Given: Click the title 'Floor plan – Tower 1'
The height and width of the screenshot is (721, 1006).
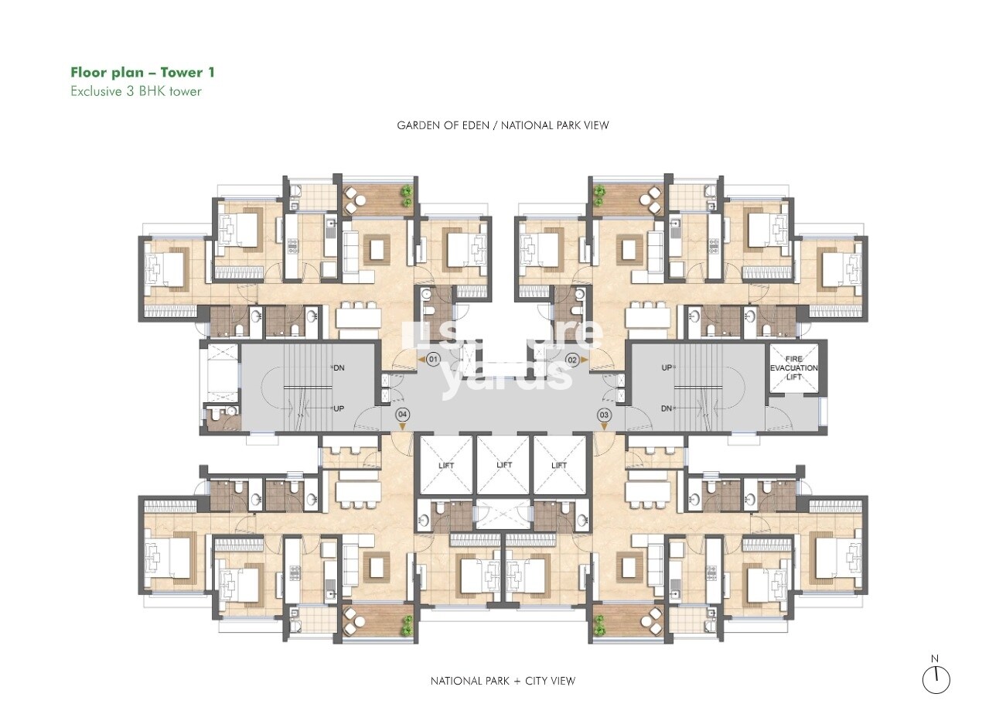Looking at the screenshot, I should (x=142, y=73).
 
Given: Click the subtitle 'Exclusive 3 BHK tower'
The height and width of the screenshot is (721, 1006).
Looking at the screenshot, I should (x=135, y=91).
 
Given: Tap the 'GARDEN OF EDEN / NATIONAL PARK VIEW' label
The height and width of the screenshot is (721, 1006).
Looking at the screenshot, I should (x=503, y=125).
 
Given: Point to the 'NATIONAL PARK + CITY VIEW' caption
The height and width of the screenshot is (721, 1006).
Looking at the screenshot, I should (x=503, y=681).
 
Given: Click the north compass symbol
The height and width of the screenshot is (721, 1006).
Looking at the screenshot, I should (x=936, y=679).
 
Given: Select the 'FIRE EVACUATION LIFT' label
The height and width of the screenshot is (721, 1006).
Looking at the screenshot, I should (x=793, y=368).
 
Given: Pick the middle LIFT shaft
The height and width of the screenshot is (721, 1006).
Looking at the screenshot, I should (x=504, y=465).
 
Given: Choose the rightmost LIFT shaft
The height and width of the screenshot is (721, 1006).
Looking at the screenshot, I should (x=560, y=465).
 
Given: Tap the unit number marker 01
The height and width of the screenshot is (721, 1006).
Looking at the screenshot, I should (x=433, y=360).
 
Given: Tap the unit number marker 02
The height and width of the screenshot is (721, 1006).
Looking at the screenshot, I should (x=573, y=360).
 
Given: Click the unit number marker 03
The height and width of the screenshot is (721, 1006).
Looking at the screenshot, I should (x=604, y=415).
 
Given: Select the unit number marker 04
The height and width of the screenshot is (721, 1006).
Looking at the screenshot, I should (x=402, y=415).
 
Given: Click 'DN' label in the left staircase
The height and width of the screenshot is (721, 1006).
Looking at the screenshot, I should (x=338, y=368).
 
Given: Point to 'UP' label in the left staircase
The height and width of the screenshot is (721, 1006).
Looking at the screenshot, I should (x=338, y=408).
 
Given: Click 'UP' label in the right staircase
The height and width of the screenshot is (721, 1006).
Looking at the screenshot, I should (x=667, y=368).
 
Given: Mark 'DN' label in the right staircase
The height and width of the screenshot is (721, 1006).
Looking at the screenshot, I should (x=667, y=408).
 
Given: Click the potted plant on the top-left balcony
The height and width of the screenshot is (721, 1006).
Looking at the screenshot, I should (x=405, y=193).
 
